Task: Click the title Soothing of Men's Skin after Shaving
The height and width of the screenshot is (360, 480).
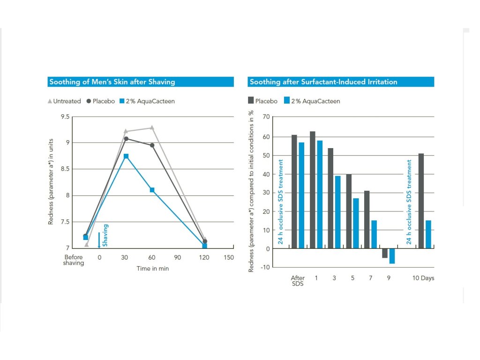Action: pyautogui.click(x=112, y=82)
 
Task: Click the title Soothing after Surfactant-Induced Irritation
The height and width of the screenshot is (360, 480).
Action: pyautogui.click(x=323, y=82)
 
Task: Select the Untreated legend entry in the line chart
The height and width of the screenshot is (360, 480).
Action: pyautogui.click(x=65, y=101)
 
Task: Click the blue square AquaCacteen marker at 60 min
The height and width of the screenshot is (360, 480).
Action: pyautogui.click(x=152, y=190)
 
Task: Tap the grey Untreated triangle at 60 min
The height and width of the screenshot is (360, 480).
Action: pyautogui.click(x=152, y=127)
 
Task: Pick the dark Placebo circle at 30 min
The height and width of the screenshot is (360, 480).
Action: pyautogui.click(x=126, y=139)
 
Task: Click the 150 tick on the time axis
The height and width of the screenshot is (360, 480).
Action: pyautogui.click(x=229, y=257)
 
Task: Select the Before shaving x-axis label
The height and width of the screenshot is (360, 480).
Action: pyautogui.click(x=74, y=260)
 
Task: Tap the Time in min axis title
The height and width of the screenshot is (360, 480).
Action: pyautogui.click(x=152, y=269)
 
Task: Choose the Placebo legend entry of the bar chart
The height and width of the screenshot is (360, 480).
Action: pyautogui.click(x=262, y=101)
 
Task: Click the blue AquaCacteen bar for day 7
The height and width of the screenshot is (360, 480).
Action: pyautogui.click(x=374, y=234)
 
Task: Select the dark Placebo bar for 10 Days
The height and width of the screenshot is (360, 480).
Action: pyautogui.click(x=421, y=201)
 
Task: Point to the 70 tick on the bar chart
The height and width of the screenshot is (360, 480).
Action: pyautogui.click(x=266, y=117)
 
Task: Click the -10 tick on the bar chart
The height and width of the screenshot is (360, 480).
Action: pyautogui.click(x=265, y=267)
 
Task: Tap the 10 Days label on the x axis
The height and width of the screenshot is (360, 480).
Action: pyautogui.click(x=423, y=278)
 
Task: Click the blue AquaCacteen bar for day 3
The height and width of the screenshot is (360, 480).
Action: pyautogui.click(x=337, y=212)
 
